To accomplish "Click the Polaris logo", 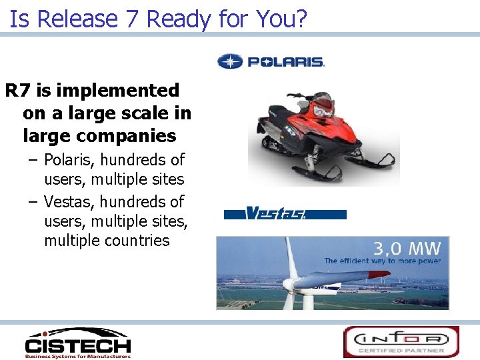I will (x=271, y=62).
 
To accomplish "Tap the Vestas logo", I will (x=285, y=214).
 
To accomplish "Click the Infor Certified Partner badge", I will (x=401, y=341).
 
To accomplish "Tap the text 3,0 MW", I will (x=407, y=249).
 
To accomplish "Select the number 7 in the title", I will (x=132, y=19).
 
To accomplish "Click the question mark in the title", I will (x=300, y=19).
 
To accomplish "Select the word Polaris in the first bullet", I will (x=71, y=160).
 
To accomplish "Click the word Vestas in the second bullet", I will (x=69, y=201).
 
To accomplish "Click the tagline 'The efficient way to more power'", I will (x=382, y=261).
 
